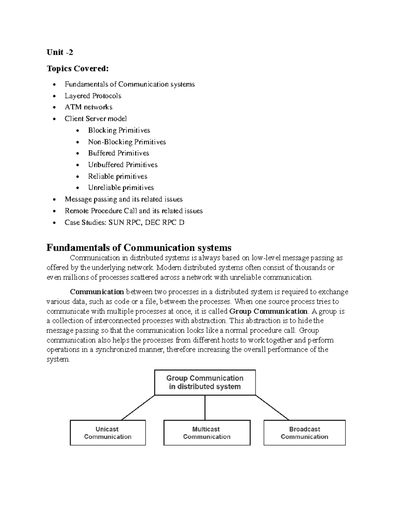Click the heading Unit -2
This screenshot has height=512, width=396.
click(x=60, y=52)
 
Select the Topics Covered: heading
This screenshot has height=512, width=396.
click(x=77, y=69)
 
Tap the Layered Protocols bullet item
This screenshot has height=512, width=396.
click(x=93, y=96)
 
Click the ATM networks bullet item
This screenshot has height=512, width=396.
click(x=88, y=107)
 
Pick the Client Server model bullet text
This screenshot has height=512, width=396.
click(x=95, y=119)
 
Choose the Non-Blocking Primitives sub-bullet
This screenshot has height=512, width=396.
click(x=127, y=142)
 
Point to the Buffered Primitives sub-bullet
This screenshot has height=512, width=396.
click(x=118, y=153)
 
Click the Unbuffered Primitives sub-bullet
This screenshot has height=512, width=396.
click(x=122, y=165)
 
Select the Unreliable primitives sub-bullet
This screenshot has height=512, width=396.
click(x=121, y=188)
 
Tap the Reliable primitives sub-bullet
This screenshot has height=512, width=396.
click(x=117, y=176)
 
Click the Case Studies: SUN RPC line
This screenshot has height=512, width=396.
click(x=124, y=223)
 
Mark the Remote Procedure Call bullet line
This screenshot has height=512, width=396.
click(x=134, y=211)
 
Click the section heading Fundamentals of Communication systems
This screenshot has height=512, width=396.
click(x=139, y=248)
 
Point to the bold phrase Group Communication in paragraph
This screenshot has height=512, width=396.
click(x=268, y=311)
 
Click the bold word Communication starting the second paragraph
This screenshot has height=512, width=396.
click(x=97, y=292)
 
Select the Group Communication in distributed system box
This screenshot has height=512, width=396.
click(x=205, y=382)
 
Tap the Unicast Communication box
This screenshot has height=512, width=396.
click(x=108, y=433)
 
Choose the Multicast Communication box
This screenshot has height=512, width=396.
click(x=207, y=433)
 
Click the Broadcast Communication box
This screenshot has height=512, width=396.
click(x=304, y=433)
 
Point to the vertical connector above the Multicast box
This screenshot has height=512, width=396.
click(x=205, y=407)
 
